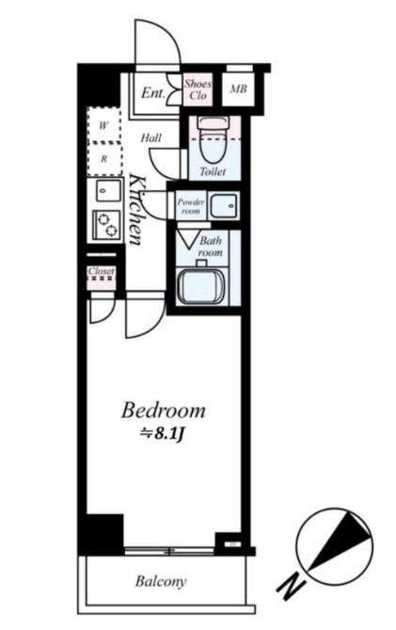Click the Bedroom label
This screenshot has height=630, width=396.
click(x=164, y=411)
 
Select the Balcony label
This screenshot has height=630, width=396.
click(x=161, y=581)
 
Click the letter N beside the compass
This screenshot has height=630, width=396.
click(x=291, y=588)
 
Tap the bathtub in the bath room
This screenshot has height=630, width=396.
click(x=202, y=285)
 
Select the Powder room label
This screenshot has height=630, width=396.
click(x=191, y=205)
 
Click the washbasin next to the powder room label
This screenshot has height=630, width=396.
click(x=224, y=205)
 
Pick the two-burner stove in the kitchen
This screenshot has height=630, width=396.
click(x=106, y=225)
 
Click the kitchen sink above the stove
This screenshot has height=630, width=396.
click(x=108, y=191)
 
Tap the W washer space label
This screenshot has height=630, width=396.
click(x=103, y=126)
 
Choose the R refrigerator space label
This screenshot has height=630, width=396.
click(x=103, y=159)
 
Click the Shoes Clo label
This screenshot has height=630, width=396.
click(x=198, y=89)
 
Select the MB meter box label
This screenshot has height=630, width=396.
click(x=238, y=89)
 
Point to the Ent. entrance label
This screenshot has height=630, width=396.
click(x=153, y=93)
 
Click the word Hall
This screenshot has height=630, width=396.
click(x=150, y=138)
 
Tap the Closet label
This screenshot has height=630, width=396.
click(x=102, y=271)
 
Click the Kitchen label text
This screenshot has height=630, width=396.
click(x=135, y=209)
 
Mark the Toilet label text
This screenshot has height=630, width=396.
click(x=213, y=171)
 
